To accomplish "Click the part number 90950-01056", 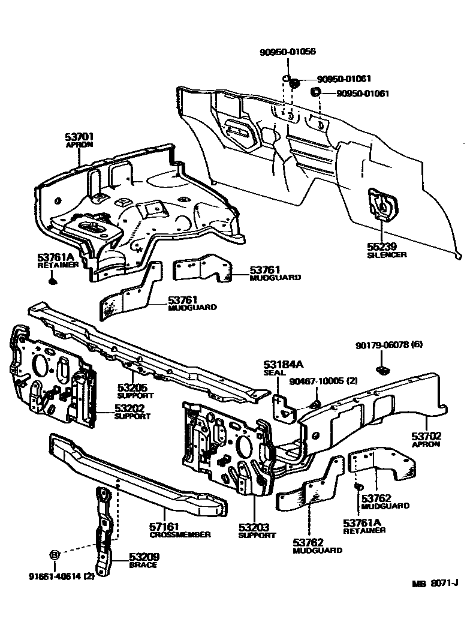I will tap(288, 52).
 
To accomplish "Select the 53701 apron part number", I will tap(80, 137).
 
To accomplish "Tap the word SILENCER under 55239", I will tap(387, 255).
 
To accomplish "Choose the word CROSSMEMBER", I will tap(180, 534).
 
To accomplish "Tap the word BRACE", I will tap(143, 565).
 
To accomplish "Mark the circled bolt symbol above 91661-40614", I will tap(53, 555).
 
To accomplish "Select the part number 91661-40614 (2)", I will tap(61, 576).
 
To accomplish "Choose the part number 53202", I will tap(129, 408).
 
